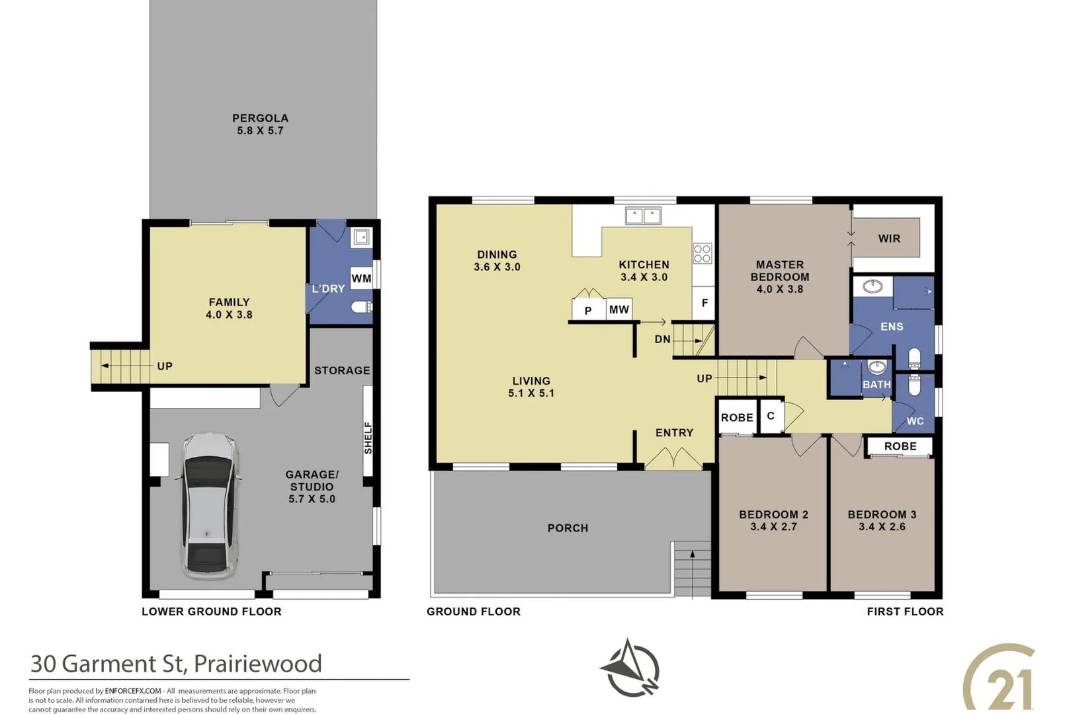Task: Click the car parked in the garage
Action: (209, 506)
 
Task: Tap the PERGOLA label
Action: (260, 118)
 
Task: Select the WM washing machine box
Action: (361, 278)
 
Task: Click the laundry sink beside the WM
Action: (361, 237)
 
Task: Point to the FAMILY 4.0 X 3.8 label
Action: (229, 308)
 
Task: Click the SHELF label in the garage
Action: (368, 438)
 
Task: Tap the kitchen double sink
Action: (643, 216)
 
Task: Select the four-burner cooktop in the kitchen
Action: (702, 253)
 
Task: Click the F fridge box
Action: (704, 303)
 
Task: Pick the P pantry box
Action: (588, 310)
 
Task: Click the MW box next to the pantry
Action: (619, 309)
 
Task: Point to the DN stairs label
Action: (662, 339)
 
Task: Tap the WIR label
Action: (889, 239)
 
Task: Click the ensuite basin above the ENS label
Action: (873, 286)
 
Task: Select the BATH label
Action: (876, 384)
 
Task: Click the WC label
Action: (915, 421)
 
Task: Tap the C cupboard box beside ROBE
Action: (771, 416)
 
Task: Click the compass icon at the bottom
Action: (630, 668)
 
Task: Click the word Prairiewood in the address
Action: (258, 663)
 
